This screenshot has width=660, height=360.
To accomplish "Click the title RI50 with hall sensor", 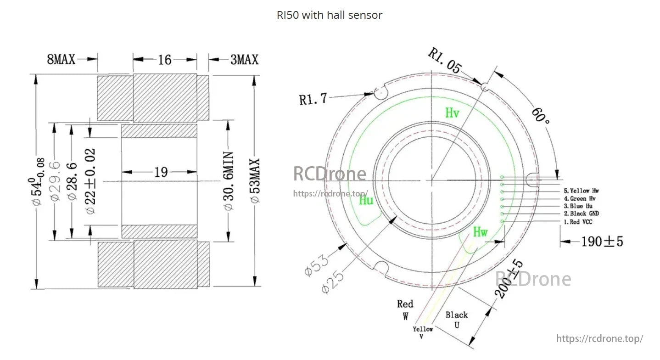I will coord(329,15).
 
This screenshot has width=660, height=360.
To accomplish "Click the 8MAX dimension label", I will coord(61,59).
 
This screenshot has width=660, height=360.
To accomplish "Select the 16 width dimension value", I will coord(164,60).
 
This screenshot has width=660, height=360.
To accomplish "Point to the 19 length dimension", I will coord(161,173).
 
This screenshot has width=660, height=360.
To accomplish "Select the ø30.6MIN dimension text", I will coord(229,181).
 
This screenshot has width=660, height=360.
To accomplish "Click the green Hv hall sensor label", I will coord(452,112).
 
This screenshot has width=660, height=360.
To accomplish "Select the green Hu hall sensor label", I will coord(366,200).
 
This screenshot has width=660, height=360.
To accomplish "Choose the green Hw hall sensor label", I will coord(480,232).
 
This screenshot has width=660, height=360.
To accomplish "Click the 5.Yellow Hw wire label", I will coord(582,191).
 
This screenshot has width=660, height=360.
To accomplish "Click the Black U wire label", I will coord(457,320).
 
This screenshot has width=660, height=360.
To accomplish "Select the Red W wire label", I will coord(405,309).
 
